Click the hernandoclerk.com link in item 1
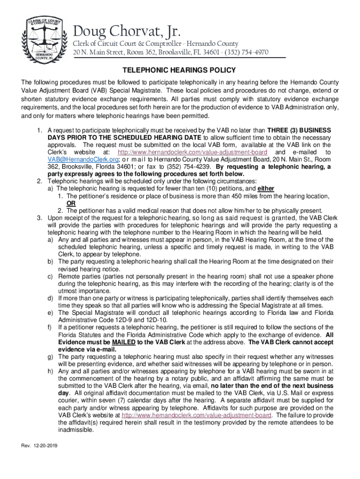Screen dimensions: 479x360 click(193, 152)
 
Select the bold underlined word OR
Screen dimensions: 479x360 click(71, 203)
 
